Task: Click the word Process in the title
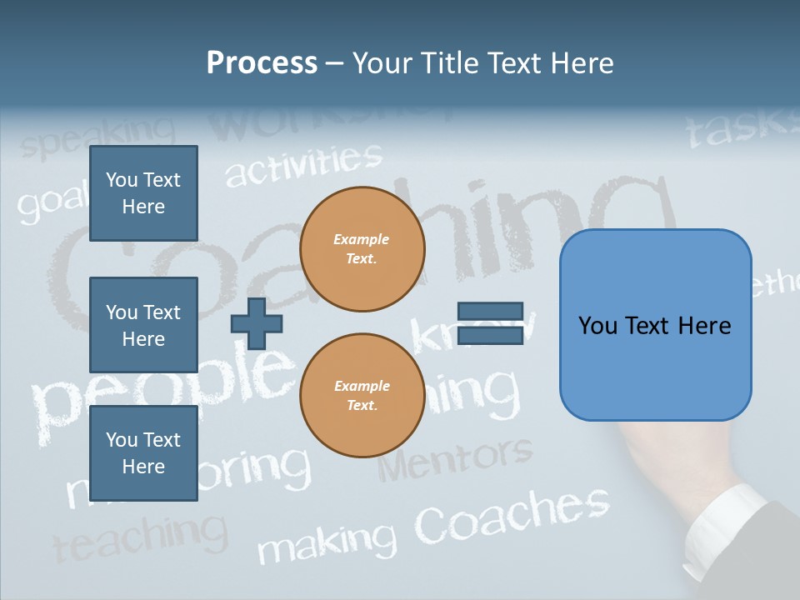click(x=262, y=63)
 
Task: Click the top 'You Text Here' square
click(x=143, y=193)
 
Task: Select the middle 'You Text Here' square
click(x=143, y=325)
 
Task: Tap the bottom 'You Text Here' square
click(x=143, y=453)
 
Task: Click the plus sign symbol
click(x=256, y=323)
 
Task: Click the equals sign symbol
click(x=490, y=324)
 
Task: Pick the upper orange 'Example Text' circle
click(x=362, y=249)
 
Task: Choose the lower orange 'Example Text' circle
click(x=362, y=396)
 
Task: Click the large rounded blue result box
click(x=655, y=325)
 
